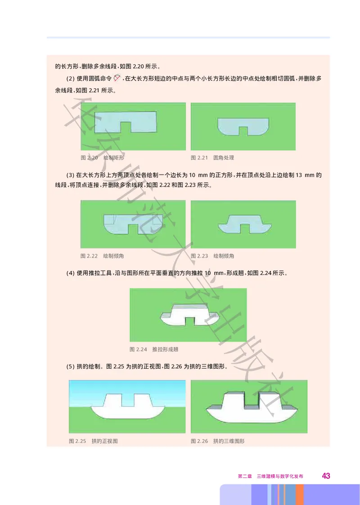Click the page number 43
(326, 476)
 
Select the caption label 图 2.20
(89, 158)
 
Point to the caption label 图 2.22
(89, 256)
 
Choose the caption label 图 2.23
(199, 256)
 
